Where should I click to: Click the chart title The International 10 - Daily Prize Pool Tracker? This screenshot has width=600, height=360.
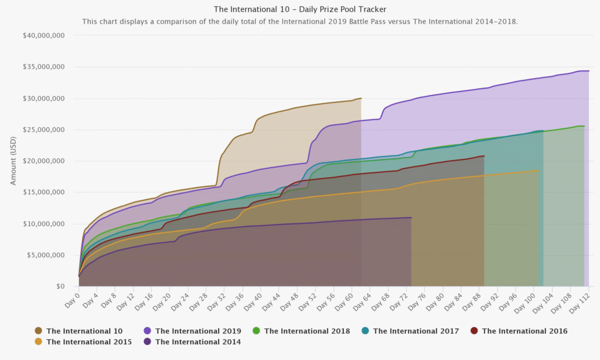(x=300, y=9)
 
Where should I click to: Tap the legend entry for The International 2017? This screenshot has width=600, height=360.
(x=415, y=331)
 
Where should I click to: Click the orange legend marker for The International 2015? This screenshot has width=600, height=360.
(x=39, y=341)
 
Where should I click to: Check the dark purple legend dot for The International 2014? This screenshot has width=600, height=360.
(x=148, y=341)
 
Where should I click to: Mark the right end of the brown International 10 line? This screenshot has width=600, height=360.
(x=362, y=98)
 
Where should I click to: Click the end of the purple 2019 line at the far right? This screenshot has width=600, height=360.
(x=589, y=71)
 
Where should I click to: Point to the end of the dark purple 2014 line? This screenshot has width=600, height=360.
(x=411, y=218)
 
